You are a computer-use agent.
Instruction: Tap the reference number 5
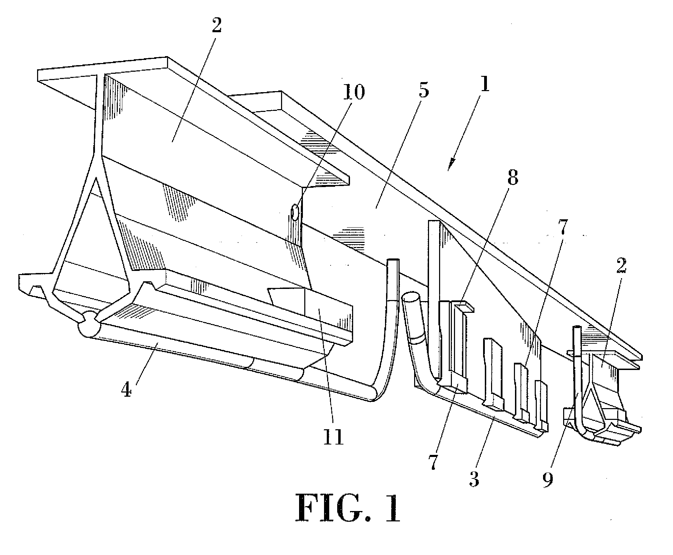point(421,89)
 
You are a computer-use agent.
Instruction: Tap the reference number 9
point(548,478)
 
